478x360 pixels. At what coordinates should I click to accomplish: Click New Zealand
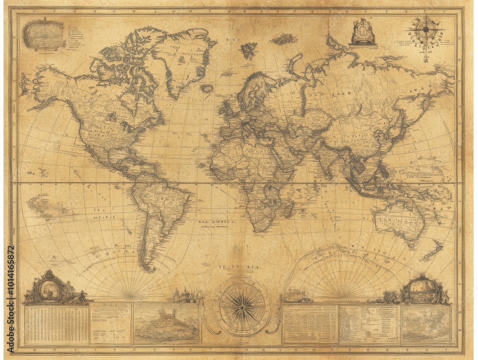coord(433,251)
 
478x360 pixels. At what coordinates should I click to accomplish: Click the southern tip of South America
coord(152,268)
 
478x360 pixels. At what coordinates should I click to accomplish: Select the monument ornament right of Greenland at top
coord(362,33)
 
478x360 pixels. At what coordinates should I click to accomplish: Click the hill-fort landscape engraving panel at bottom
coord(166,323)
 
